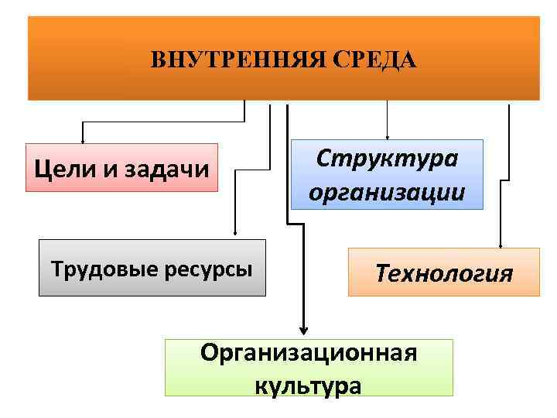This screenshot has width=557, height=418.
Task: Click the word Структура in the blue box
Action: [x=387, y=159]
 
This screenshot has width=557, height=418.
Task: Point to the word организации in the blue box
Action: [x=387, y=191]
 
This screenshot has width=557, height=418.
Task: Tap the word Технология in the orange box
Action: [x=444, y=272]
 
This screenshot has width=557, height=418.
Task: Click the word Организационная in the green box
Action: [x=309, y=353]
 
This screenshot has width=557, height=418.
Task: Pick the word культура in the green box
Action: [x=308, y=385]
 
